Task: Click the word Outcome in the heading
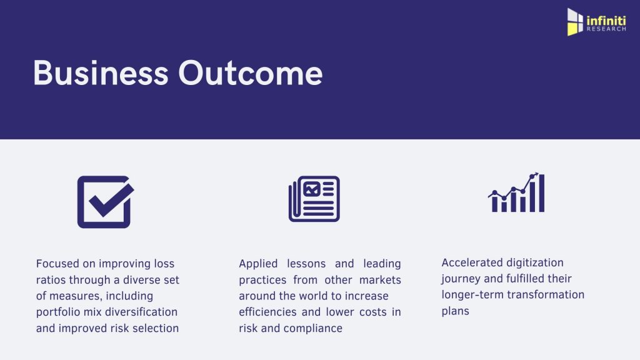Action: click(x=250, y=73)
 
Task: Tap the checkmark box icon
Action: click(x=106, y=202)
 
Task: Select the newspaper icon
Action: click(x=314, y=199)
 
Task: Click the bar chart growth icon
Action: click(x=516, y=192)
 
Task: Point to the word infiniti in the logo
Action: click(x=606, y=21)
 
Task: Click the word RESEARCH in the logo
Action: click(x=606, y=29)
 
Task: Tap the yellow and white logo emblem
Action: click(x=575, y=22)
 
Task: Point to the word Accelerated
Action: click(x=469, y=262)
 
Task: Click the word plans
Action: click(x=456, y=311)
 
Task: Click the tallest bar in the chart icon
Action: click(x=542, y=193)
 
